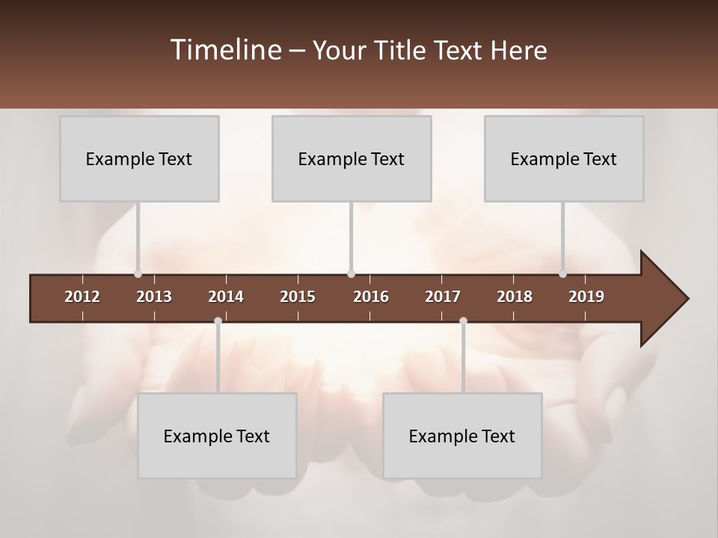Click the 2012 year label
click(x=82, y=297)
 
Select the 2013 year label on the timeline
click(x=154, y=297)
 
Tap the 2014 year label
click(x=226, y=297)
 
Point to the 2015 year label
click(x=298, y=297)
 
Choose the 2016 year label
click(x=371, y=297)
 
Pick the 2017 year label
click(x=443, y=297)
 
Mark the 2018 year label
click(x=515, y=297)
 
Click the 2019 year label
click(x=586, y=297)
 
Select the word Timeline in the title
click(x=224, y=50)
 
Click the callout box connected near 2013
click(x=139, y=158)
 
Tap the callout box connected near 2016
click(x=352, y=158)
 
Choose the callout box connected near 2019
click(x=564, y=158)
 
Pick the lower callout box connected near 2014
click(x=217, y=436)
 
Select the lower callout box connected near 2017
click(x=462, y=436)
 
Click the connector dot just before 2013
click(x=138, y=274)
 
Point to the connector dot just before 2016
click(x=352, y=274)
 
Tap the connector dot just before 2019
click(x=563, y=274)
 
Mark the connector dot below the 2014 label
click(x=218, y=321)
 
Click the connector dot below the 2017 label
click(x=463, y=321)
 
